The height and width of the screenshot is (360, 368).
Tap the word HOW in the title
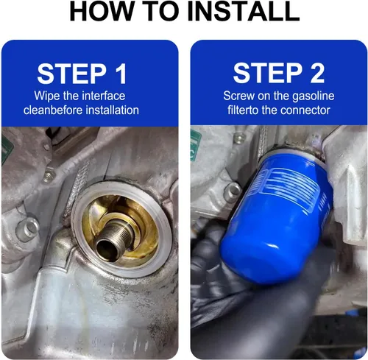point(99,11)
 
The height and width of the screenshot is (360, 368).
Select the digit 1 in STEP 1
point(121,74)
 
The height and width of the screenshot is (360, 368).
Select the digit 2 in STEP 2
point(317,73)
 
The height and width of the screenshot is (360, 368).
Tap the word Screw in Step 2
point(239,96)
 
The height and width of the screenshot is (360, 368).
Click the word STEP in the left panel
point(72,74)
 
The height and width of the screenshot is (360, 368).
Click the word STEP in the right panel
point(268,73)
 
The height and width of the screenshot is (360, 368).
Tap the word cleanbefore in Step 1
point(53,110)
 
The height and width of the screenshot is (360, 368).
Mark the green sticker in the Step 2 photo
point(196,145)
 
